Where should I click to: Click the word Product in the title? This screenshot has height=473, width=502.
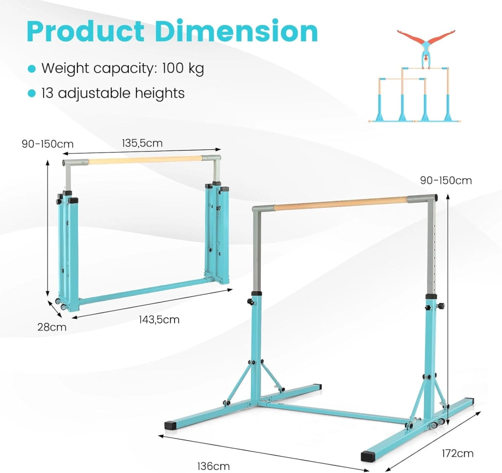[85, 31]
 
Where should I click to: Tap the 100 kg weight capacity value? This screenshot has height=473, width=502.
[183, 69]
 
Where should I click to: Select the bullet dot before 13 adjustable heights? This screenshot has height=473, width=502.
[31, 94]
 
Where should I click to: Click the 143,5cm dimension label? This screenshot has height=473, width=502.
[159, 320]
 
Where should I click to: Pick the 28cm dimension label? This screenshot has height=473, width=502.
[52, 327]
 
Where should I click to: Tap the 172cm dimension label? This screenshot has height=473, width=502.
[457, 453]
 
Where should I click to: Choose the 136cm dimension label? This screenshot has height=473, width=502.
[213, 466]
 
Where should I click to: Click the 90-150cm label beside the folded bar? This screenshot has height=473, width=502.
[48, 144]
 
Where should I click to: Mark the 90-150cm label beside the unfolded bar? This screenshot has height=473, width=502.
[446, 180]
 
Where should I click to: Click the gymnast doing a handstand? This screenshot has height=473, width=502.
[426, 49]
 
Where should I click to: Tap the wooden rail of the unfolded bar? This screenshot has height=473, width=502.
[341, 203]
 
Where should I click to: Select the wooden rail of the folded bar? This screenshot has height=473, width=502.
[145, 160]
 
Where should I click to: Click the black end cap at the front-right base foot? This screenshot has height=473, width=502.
[367, 456]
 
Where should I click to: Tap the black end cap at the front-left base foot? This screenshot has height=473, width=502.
[171, 425]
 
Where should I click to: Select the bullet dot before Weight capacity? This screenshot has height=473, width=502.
[31, 69]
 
